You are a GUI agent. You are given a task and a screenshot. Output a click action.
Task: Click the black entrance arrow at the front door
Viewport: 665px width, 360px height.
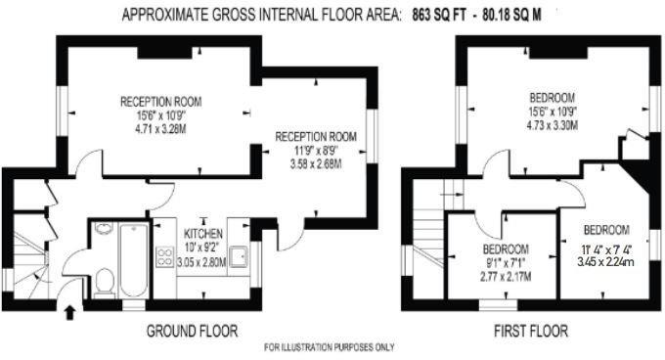69,313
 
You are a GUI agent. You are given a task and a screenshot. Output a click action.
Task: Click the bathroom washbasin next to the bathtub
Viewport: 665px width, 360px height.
104,233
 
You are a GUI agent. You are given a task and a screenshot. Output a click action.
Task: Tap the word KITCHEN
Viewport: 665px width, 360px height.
203,235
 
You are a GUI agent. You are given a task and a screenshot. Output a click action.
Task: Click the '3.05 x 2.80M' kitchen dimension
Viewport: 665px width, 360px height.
204,262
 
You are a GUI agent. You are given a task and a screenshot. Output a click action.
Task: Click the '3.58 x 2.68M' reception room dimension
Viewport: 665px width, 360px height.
314,163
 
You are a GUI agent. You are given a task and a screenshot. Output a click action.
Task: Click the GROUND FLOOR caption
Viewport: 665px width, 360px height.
193,329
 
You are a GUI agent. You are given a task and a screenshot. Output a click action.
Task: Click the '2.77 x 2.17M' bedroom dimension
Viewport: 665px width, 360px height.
507,276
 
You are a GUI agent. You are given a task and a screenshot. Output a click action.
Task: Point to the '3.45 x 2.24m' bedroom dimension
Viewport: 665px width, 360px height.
607,261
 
